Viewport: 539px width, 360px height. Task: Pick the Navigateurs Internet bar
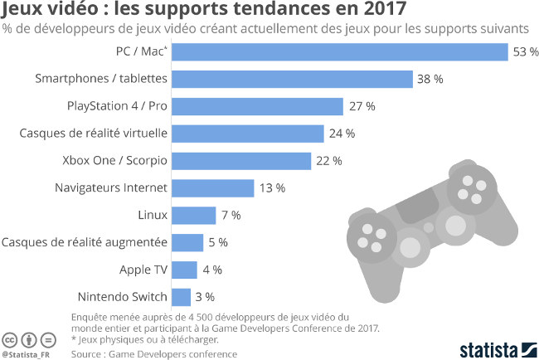click(213, 187)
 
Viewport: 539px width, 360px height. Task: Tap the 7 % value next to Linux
click(231, 215)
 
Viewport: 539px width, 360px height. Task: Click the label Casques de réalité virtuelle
click(94, 133)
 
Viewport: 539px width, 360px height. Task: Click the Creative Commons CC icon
click(10, 339)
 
